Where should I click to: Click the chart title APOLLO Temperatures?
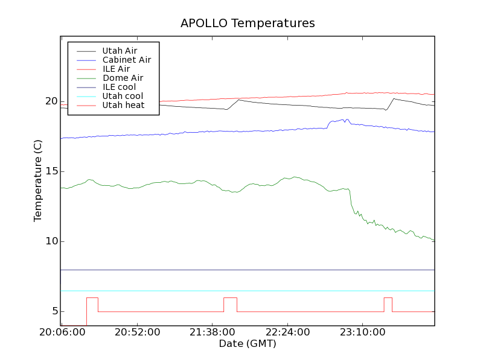(x=248, y=24)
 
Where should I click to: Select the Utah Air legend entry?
(x=120, y=51)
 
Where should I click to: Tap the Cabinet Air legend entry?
(x=126, y=60)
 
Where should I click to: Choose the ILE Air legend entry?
(x=116, y=69)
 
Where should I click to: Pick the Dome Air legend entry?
(x=123, y=78)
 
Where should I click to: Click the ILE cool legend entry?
(x=119, y=87)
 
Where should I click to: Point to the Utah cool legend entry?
(x=123, y=96)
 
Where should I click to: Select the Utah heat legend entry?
(x=123, y=105)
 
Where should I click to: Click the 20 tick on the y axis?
(x=51, y=101)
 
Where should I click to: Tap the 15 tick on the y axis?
(x=51, y=171)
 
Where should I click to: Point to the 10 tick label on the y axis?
(x=51, y=241)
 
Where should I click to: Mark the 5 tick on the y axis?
(x=54, y=311)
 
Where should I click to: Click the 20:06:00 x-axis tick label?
(x=62, y=332)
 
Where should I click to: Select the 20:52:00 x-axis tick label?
(x=138, y=332)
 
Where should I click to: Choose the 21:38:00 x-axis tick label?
(x=213, y=332)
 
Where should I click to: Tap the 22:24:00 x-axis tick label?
(x=287, y=332)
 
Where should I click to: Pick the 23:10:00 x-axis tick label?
(x=362, y=332)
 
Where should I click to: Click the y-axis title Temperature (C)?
(x=38, y=181)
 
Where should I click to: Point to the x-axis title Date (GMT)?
(x=248, y=344)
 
